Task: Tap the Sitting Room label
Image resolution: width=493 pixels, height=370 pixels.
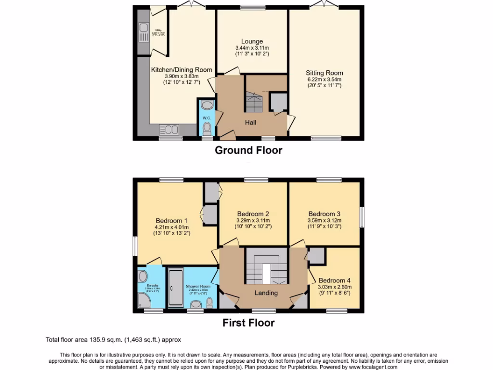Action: tap(324, 73)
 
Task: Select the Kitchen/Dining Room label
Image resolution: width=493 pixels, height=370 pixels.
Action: tap(182, 70)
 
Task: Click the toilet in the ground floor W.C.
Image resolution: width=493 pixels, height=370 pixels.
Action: tap(207, 128)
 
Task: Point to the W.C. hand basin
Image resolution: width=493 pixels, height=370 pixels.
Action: tap(207, 105)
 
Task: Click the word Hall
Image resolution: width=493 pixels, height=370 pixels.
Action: tap(250, 123)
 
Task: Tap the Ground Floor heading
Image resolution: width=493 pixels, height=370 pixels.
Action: tap(248, 150)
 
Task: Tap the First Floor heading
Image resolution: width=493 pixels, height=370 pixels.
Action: tap(248, 323)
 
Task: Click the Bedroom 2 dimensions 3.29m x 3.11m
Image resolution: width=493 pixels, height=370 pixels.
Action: tap(253, 221)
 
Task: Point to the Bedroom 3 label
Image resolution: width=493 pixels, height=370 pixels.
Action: tap(324, 214)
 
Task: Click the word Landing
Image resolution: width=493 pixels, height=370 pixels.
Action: tap(266, 293)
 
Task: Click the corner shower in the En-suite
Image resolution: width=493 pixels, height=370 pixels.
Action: tap(144, 302)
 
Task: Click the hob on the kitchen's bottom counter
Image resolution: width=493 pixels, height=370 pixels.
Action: tap(169, 129)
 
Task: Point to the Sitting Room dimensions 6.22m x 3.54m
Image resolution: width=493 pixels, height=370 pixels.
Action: tap(324, 79)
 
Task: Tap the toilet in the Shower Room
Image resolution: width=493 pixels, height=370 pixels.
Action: tap(209, 302)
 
